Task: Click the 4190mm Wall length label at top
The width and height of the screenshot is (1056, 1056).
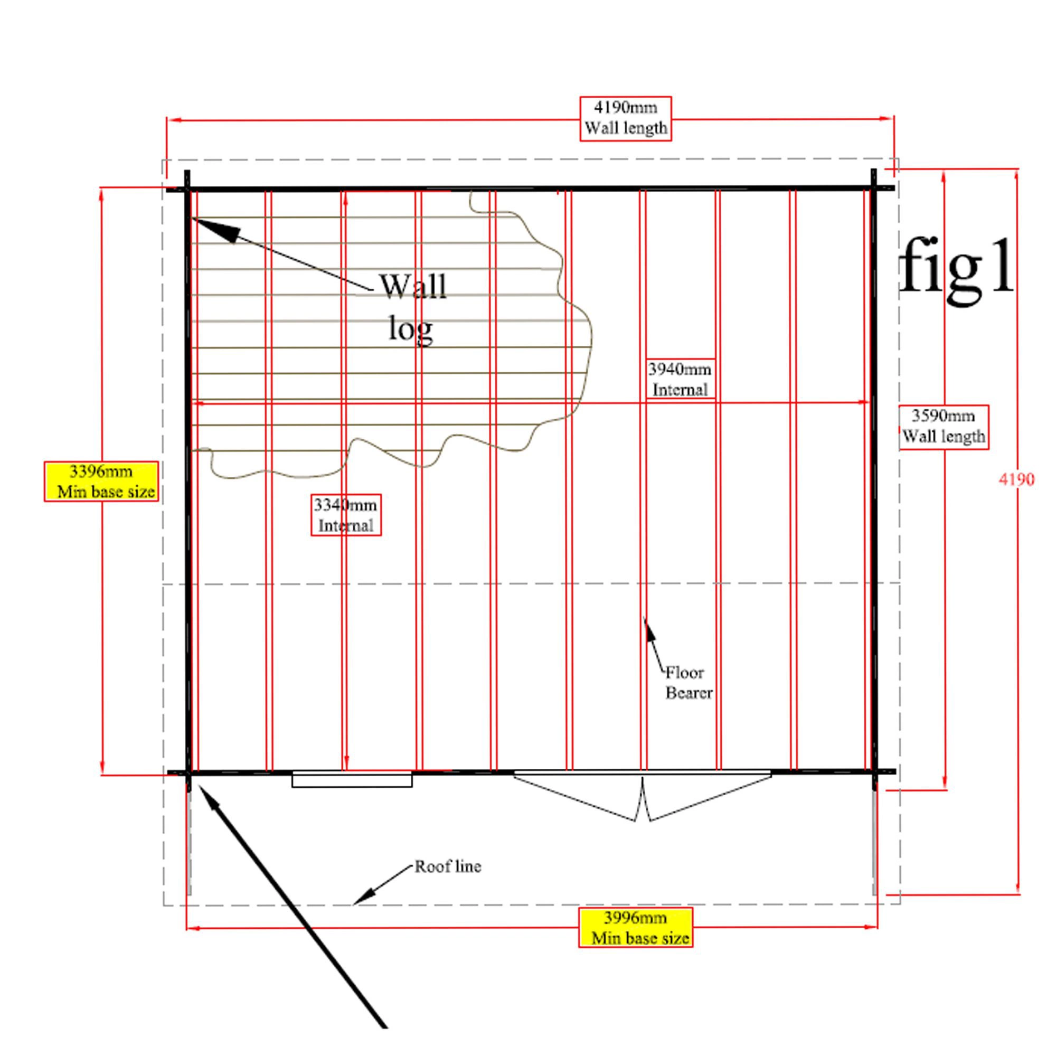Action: click(x=625, y=119)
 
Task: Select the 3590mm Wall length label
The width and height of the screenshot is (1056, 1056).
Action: click(x=944, y=427)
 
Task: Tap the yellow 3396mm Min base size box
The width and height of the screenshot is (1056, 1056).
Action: click(x=102, y=481)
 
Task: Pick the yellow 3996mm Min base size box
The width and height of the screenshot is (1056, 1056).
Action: click(x=636, y=928)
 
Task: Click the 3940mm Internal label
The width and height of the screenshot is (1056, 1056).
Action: click(x=680, y=379)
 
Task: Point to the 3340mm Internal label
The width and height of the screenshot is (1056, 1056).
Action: click(x=346, y=515)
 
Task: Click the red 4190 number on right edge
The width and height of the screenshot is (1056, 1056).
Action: click(x=1016, y=479)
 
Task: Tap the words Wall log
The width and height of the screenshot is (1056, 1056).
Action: click(x=413, y=307)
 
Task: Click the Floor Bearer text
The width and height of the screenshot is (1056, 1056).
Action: click(x=688, y=683)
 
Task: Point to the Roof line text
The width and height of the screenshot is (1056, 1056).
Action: click(x=448, y=866)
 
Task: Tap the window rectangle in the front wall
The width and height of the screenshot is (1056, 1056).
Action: click(x=352, y=780)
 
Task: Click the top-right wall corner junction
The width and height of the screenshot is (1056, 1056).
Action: click(x=873, y=188)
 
